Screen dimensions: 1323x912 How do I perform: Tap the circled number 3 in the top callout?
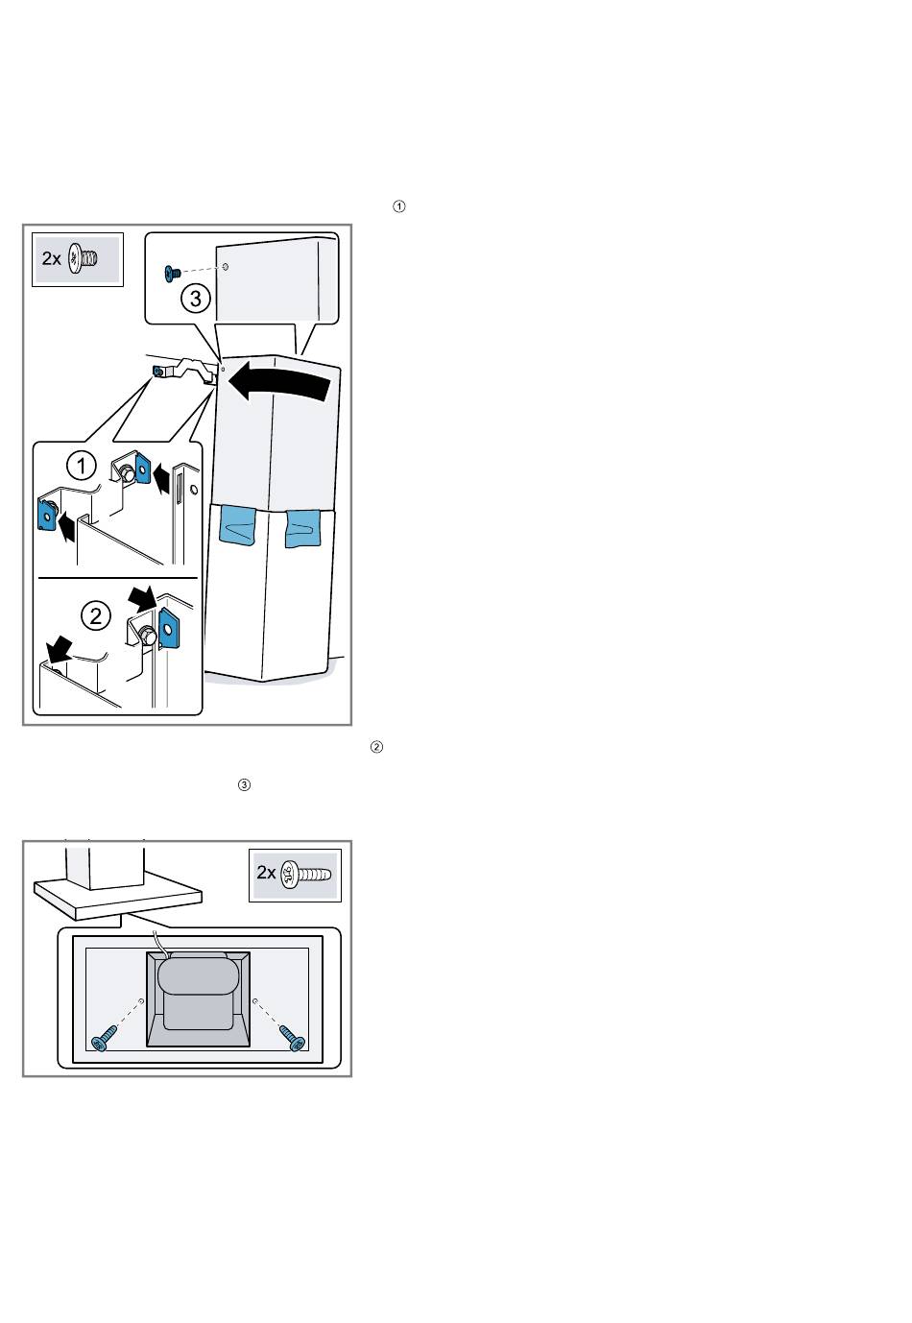click(196, 299)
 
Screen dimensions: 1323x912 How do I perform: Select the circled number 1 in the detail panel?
click(82, 467)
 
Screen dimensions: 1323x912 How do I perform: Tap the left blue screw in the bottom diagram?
click(103, 1040)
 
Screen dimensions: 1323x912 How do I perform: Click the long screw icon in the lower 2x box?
click(305, 875)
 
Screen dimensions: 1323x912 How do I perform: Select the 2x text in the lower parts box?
click(267, 874)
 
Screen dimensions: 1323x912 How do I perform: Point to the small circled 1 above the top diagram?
click(399, 206)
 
